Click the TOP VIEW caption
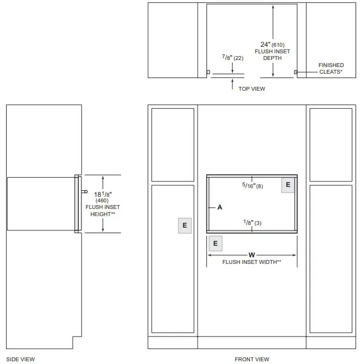252,88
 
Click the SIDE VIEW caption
20,359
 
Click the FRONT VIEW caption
252,359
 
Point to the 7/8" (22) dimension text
232,57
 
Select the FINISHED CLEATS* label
330,68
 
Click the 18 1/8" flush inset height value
103,194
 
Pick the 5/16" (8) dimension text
253,186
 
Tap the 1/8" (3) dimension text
252,222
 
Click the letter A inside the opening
220,207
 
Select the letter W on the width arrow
252,255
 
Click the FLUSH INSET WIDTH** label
252,262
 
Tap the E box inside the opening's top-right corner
288,185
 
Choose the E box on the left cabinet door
185,225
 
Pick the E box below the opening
215,243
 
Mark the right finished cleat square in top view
296,72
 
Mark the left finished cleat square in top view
208,72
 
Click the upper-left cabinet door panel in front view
172,144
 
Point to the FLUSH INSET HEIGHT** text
103,210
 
